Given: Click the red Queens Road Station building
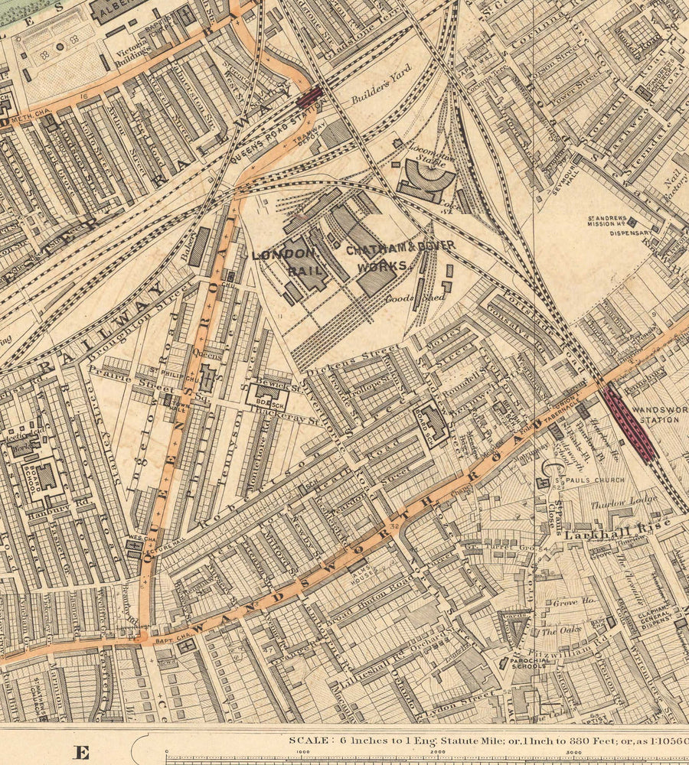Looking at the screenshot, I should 309,96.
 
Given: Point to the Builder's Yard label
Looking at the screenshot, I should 381,86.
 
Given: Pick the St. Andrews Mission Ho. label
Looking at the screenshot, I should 622,221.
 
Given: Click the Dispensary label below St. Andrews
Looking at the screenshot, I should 632,233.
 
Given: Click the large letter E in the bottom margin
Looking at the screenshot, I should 81,752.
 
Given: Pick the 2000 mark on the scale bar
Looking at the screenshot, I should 439,753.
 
